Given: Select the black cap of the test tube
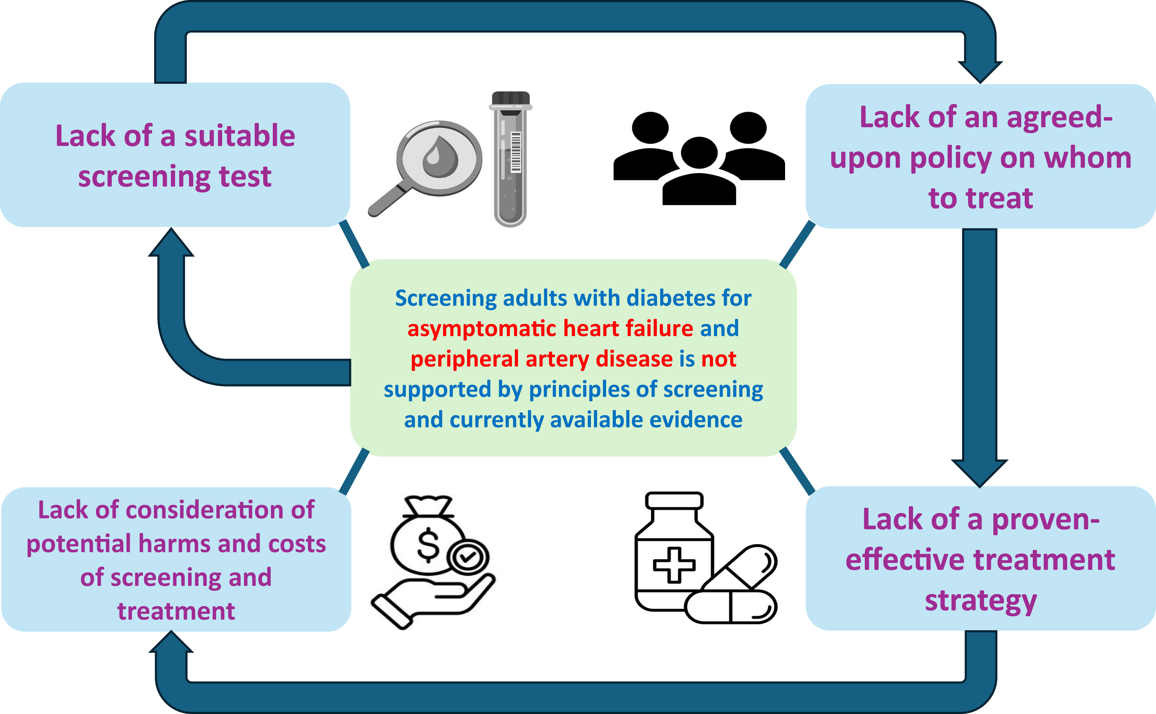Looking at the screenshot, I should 510,98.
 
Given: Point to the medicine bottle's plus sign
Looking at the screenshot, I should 674,565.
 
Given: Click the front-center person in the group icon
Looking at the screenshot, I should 699,175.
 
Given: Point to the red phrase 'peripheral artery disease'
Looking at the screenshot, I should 542,359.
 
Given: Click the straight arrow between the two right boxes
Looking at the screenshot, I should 979,350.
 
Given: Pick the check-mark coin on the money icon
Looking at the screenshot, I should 468,557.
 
